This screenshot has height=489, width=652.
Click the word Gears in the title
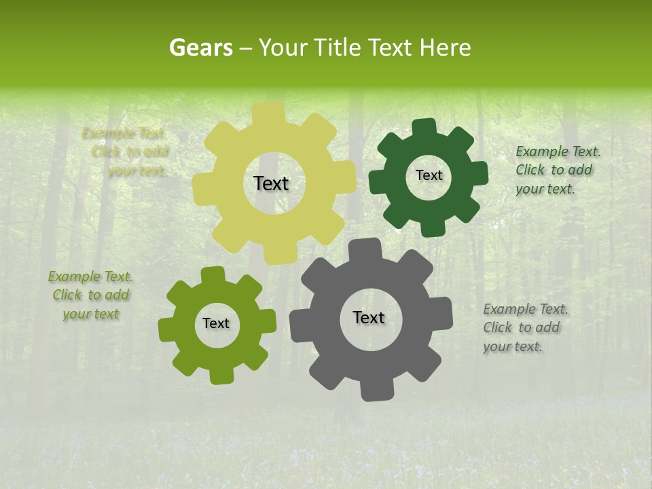(200, 48)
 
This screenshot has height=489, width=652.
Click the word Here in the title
(445, 48)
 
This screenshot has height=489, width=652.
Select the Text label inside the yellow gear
(271, 183)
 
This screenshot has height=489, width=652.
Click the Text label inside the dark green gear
(429, 175)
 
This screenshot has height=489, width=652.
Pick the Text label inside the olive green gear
(216, 324)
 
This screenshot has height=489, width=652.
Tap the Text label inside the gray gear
(369, 318)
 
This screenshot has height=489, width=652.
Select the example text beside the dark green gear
(558, 170)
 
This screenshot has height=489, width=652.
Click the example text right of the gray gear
(525, 327)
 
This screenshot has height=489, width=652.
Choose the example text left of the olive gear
(90, 295)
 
